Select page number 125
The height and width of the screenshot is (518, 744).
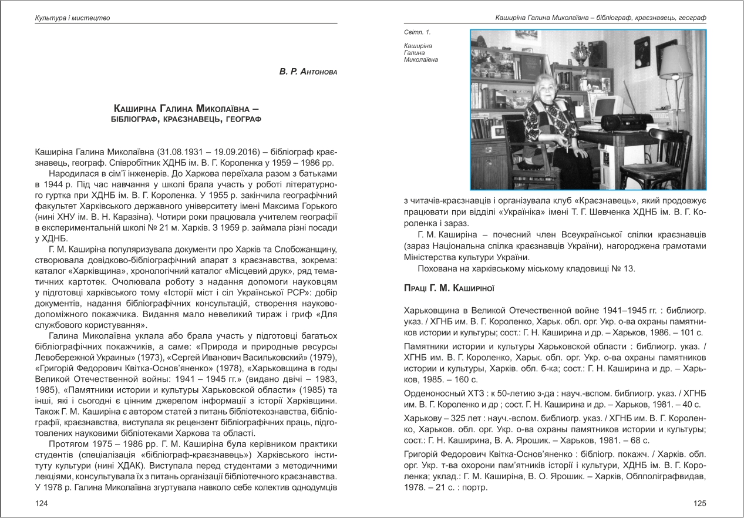click(x=699, y=503)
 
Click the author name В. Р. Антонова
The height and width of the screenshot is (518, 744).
click(x=309, y=72)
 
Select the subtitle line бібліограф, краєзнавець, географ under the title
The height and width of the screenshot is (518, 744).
click(x=186, y=119)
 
